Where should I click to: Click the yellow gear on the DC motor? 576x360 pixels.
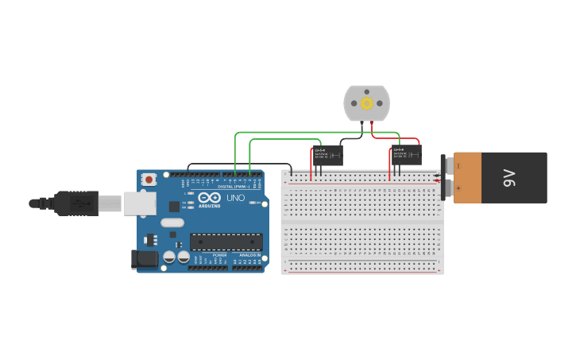366,103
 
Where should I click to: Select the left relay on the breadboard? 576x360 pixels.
326,155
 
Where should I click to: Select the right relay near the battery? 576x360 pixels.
405,155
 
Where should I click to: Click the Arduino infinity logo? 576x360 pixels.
210,198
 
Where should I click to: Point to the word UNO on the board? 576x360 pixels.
236,198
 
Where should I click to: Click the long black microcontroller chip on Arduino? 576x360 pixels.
226,242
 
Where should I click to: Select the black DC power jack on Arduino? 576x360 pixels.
143,258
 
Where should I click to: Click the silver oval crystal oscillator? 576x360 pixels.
172,223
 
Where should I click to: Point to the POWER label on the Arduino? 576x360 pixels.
219,255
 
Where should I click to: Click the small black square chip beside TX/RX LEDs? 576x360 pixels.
174,207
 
